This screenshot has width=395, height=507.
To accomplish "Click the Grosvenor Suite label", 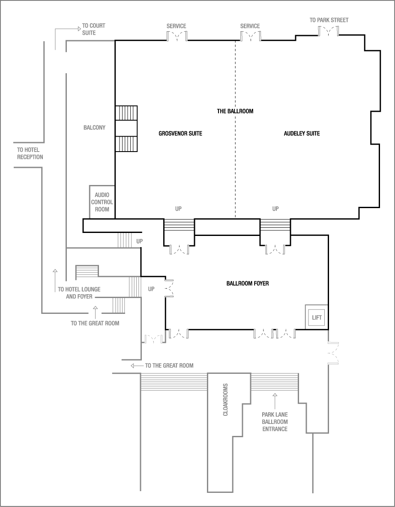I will click(x=180, y=134).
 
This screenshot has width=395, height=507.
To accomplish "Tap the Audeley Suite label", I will click(x=302, y=134).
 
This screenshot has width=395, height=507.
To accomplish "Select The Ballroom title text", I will click(x=235, y=111).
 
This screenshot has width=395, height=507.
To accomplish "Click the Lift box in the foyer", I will click(x=317, y=318).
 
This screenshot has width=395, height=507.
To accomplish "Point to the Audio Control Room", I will click(x=102, y=202).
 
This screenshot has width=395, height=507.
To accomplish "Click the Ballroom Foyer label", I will click(x=248, y=283).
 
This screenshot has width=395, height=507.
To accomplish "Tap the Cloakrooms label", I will click(x=226, y=400).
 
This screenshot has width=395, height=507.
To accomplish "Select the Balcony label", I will click(x=94, y=128).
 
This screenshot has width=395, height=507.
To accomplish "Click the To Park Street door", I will click(x=329, y=31).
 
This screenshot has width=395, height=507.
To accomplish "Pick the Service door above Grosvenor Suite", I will click(x=177, y=36).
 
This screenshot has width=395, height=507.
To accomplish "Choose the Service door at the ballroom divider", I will click(x=250, y=36).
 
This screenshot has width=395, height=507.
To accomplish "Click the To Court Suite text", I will click(x=93, y=29).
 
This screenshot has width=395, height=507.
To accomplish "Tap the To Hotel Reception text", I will click(x=30, y=153).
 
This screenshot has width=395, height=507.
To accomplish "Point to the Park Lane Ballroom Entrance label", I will click(x=275, y=421).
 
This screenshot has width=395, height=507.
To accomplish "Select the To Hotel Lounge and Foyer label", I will click(x=79, y=293).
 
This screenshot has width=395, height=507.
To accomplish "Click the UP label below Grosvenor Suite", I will click(x=178, y=209).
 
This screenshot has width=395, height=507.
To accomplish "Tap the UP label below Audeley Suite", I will click(x=275, y=209).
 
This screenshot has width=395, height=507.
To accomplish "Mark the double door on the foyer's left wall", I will click(x=169, y=288).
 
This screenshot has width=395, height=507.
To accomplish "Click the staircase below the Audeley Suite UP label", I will click(x=275, y=224).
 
